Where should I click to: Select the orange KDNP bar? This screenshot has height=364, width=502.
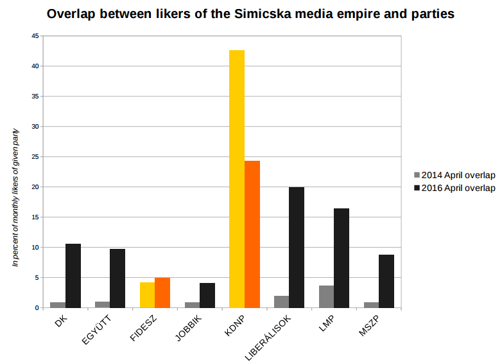pos(252,234)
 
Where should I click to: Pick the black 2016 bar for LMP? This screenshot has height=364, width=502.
pos(342,258)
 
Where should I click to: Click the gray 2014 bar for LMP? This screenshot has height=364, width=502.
pos(326,296)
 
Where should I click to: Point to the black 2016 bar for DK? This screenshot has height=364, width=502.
pos(73,276)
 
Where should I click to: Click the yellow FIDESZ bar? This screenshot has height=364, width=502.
pos(147,295)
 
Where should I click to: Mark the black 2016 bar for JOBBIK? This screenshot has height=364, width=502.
pos(207,295)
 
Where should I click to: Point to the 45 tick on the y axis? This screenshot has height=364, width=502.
pos(35,36)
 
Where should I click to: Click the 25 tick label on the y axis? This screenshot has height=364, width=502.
pos(35,157)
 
